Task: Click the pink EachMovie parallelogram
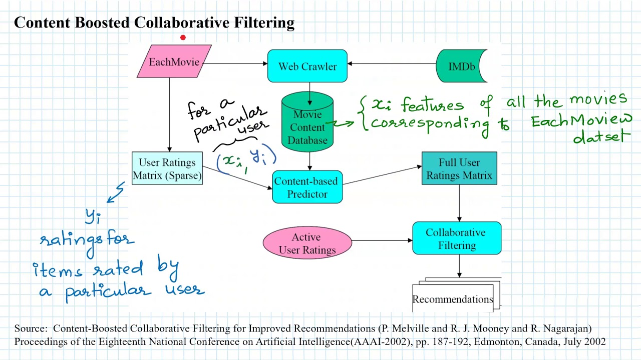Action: point(174,61)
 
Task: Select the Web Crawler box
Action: point(307,66)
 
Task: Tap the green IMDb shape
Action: point(461,66)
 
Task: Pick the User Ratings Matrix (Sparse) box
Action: point(167,169)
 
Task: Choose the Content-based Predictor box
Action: point(307,187)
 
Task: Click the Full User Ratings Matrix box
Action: point(459,169)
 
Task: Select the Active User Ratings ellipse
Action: point(307,243)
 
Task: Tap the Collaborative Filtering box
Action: point(456,239)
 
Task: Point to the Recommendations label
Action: point(453,299)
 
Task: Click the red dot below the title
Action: point(183,37)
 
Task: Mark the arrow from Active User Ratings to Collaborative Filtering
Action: point(382,240)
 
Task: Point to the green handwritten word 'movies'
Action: point(598,99)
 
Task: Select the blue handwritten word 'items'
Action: point(58,270)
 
